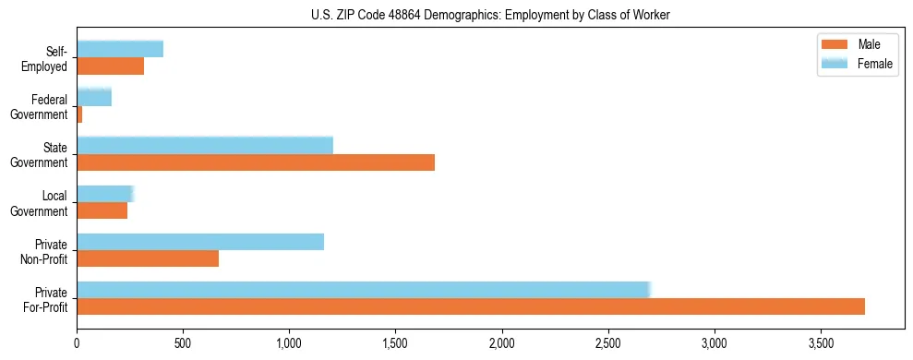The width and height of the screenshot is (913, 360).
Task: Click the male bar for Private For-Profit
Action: (471, 306)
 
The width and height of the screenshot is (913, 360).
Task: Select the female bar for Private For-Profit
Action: (364, 290)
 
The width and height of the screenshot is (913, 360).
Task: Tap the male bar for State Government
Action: (256, 162)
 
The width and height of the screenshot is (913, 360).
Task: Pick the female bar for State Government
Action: (205, 145)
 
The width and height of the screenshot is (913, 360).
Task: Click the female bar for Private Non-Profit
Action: (200, 242)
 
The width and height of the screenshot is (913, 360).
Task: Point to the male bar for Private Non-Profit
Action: (148, 258)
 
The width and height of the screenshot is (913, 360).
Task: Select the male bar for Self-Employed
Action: (111, 66)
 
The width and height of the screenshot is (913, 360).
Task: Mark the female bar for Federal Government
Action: (94, 97)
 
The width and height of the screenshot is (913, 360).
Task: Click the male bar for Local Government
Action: (102, 210)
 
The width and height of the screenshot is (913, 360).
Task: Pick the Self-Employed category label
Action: (47, 58)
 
